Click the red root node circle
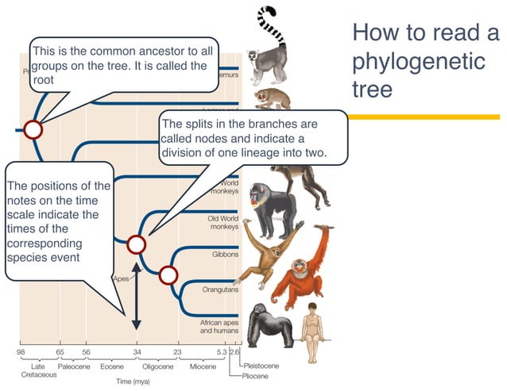click(33, 128)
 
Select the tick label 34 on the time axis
click(136, 351)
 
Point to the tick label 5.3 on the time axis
click(222, 351)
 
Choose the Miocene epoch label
click(203, 366)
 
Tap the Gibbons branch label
click(225, 255)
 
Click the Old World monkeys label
click(223, 222)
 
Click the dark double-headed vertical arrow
click(136, 296)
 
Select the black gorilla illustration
click(269, 324)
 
